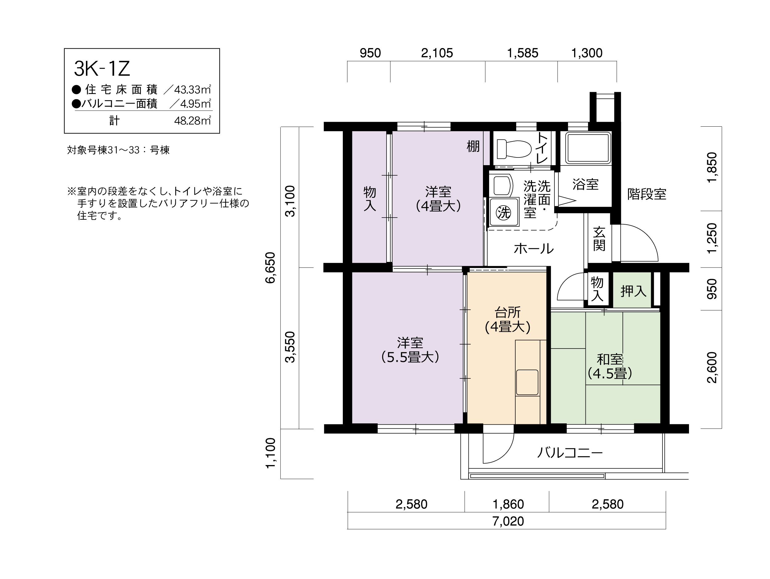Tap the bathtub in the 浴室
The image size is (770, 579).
point(588,148)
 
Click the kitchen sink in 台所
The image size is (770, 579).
point(527,382)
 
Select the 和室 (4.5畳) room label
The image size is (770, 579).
point(610,366)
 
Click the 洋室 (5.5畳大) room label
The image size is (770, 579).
point(410,350)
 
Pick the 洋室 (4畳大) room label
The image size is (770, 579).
point(438,199)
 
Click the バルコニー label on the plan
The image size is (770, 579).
point(570,453)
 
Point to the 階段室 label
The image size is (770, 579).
point(647,194)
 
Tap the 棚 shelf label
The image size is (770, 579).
point(473,146)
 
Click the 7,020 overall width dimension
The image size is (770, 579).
point(508,521)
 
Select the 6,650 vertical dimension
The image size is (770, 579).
point(270,268)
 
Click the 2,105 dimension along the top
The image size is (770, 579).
point(437,53)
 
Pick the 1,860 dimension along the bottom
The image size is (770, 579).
point(508,504)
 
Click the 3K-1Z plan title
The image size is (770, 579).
point(102,69)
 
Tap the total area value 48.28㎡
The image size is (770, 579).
point(192,120)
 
